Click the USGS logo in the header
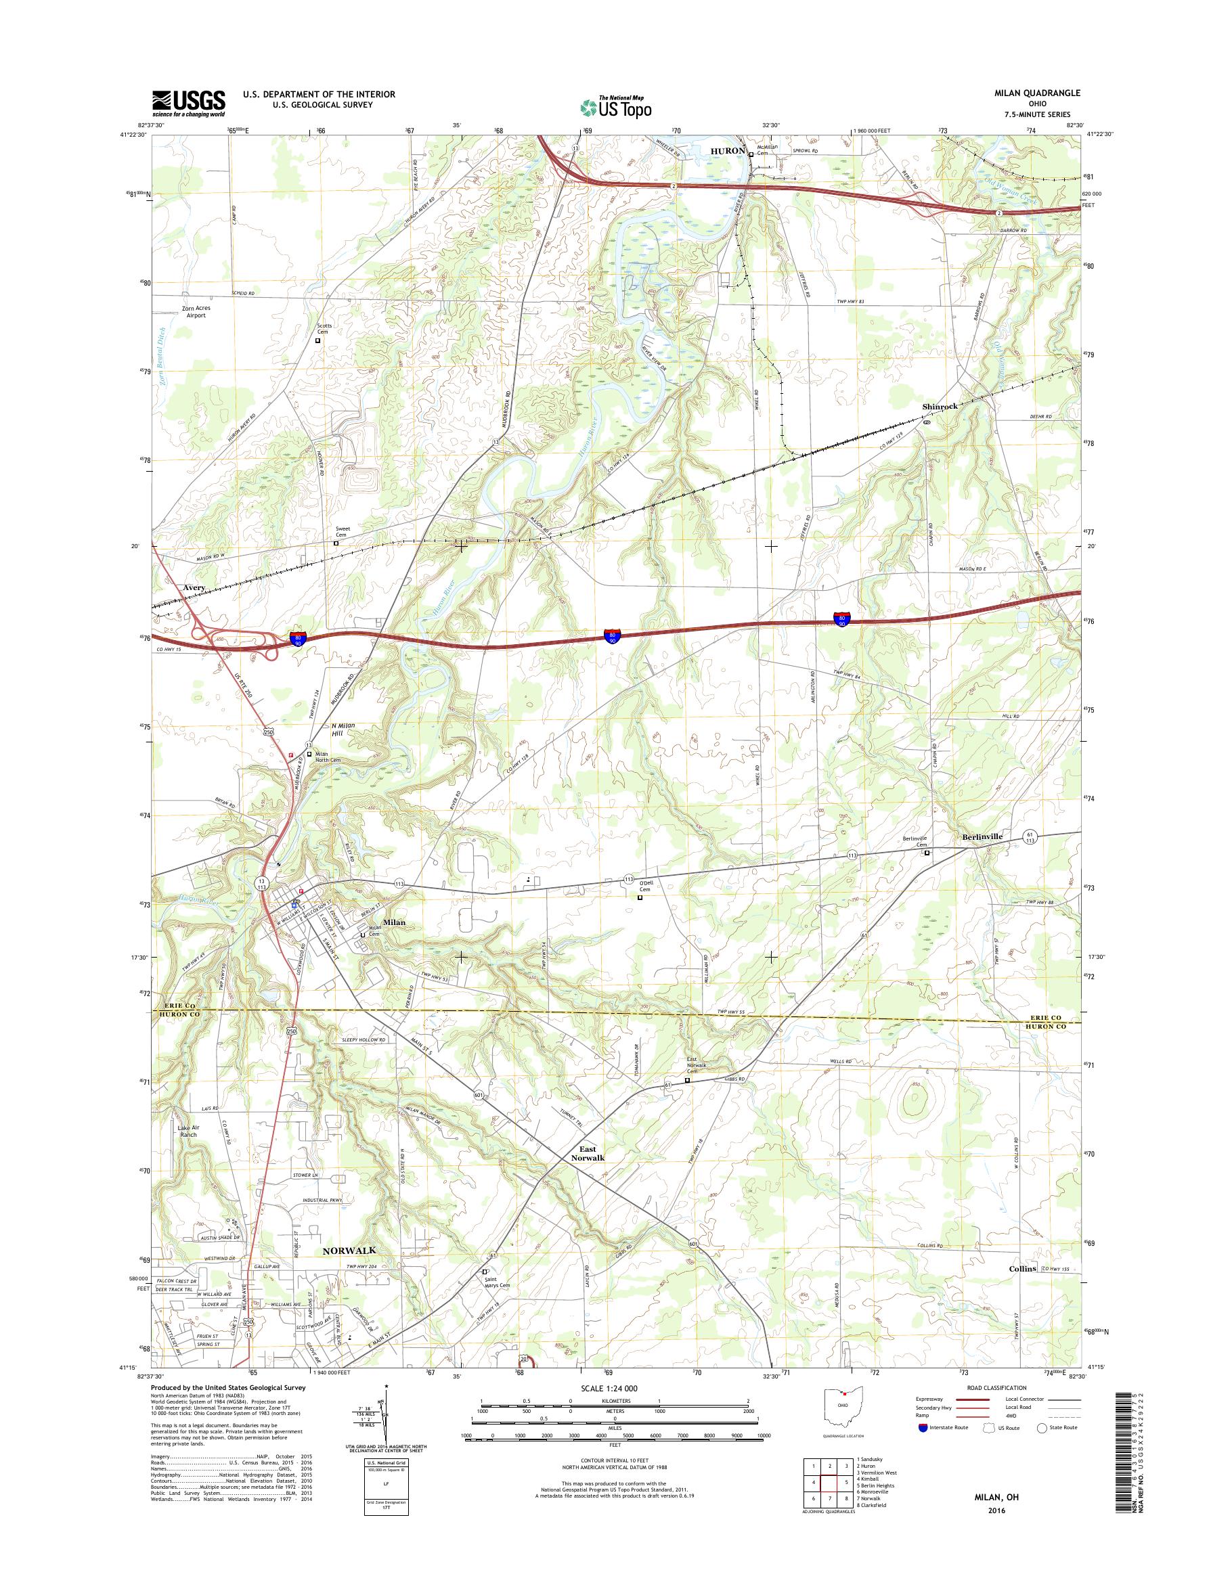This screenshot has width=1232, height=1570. point(188,103)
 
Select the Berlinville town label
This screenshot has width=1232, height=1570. point(982,836)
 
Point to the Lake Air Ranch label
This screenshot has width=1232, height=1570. point(188,1131)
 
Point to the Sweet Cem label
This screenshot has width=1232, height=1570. point(342,531)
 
